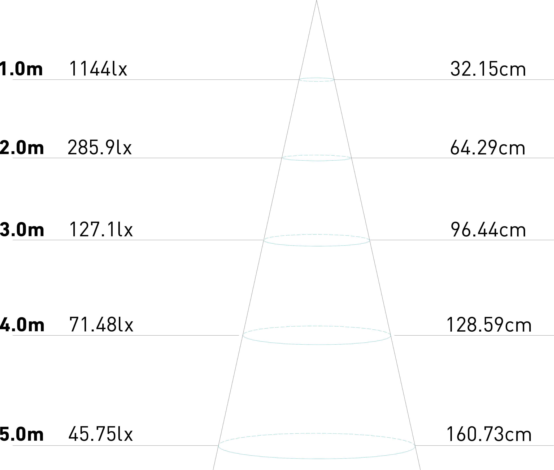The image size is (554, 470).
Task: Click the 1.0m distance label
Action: (21, 69)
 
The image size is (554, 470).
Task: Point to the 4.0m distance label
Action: (22, 324)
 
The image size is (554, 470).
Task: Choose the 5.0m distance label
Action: (21, 434)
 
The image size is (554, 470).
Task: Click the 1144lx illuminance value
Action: (98, 69)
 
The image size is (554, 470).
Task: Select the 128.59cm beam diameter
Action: (488, 324)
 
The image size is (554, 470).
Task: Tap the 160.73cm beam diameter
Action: (488, 434)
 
